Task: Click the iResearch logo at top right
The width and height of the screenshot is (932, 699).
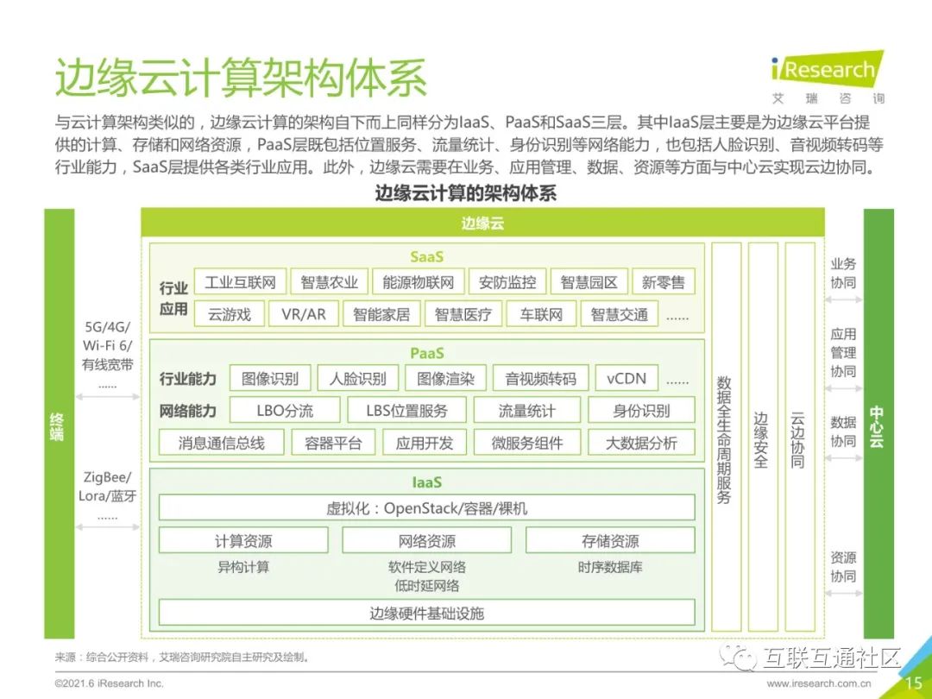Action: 827,72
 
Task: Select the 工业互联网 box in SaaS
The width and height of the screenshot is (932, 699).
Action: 240,282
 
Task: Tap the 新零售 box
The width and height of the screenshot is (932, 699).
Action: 664,282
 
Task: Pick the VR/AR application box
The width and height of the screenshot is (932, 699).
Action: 304,314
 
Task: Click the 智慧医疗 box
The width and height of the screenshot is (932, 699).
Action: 463,314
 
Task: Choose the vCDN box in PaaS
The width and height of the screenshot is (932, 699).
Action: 627,378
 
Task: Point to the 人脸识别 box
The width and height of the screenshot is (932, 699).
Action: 358,378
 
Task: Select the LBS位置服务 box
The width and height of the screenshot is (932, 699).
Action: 407,411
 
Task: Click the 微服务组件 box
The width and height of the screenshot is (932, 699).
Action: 526,444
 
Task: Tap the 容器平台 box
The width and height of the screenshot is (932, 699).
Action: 333,444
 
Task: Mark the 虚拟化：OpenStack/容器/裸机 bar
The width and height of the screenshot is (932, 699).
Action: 426,507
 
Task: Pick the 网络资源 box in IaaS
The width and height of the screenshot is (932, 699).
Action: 426,541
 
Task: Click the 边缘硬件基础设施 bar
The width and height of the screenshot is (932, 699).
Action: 426,614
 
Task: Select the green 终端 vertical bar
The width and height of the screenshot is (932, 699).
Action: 59,423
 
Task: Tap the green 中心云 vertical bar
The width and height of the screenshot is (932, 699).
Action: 878,423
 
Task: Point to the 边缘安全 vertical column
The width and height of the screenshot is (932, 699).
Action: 761,440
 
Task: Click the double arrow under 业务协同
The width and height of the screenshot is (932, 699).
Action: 843,300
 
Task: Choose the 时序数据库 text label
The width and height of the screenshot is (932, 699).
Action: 610,568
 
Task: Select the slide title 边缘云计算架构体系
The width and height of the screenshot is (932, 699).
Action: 241,79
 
